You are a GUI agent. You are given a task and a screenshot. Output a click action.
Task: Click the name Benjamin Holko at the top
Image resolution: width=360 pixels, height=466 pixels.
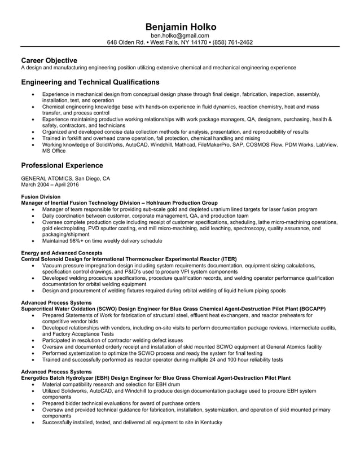(x=180, y=27)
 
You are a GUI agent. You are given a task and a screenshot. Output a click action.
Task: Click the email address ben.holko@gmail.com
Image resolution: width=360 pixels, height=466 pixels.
(x=180, y=35)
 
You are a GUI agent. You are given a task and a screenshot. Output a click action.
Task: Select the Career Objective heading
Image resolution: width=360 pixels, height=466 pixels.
(x=49, y=60)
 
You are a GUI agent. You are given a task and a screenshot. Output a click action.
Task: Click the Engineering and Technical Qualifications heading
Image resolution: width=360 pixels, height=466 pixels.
(x=90, y=82)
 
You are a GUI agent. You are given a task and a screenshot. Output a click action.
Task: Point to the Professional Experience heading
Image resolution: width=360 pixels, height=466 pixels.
(x=62, y=165)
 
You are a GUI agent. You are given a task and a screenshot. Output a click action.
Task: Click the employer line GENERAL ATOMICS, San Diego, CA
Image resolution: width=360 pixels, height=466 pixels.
(x=65, y=178)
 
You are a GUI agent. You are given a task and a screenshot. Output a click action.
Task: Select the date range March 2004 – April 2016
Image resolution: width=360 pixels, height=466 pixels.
(x=50, y=184)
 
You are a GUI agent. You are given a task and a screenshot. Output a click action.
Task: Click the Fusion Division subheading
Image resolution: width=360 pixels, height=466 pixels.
(x=40, y=196)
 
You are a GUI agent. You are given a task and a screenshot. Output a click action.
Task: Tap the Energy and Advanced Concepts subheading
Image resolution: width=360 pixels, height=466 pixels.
(x=62, y=253)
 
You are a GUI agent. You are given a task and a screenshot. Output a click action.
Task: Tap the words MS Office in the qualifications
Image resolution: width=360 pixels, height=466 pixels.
(x=54, y=151)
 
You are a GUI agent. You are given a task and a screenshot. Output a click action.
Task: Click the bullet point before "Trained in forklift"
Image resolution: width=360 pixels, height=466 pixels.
(x=35, y=138)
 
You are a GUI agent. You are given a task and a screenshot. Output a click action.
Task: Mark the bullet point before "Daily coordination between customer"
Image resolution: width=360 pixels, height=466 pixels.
(x=35, y=216)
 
